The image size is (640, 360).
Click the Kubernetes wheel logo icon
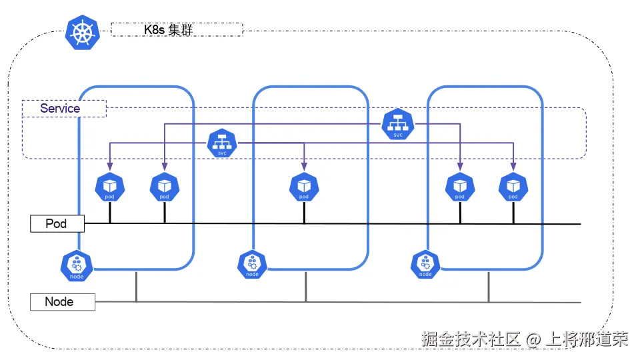(82, 32)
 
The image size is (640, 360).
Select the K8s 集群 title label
(177, 29)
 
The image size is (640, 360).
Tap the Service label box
(64, 109)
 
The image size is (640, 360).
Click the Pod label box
(57, 223)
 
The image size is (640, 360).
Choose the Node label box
(63, 302)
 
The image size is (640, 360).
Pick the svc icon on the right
(398, 125)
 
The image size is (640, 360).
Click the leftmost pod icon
(110, 187)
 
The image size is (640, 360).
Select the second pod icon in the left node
(165, 187)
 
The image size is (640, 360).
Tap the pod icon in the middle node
(304, 187)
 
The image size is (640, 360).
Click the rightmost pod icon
(513, 187)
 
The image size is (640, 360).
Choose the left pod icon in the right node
(459, 187)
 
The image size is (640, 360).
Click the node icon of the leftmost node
(76, 265)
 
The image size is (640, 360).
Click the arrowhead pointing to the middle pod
(304, 166)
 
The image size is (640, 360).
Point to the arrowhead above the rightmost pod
(513, 166)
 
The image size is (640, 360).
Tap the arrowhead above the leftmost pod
(110, 166)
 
